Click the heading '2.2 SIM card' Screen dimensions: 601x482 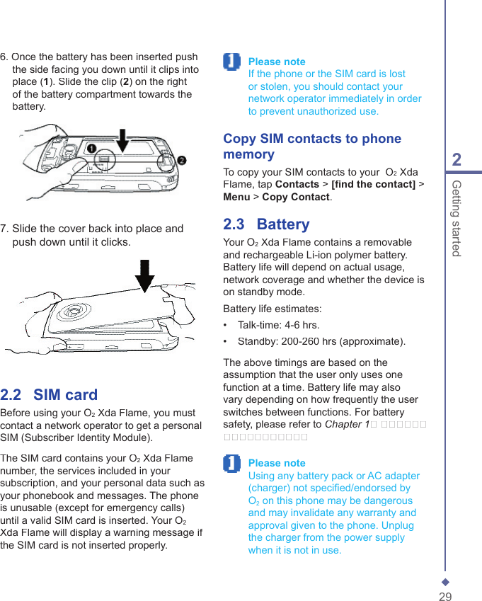[x=49, y=395]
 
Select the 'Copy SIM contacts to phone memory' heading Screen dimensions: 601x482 [x=312, y=147]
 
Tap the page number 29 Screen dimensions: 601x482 [x=445, y=597]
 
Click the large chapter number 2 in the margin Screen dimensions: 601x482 [x=457, y=159]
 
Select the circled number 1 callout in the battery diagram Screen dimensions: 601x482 [x=92, y=149]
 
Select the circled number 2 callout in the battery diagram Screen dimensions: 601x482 [x=182, y=160]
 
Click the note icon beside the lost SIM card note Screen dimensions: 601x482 [x=231, y=62]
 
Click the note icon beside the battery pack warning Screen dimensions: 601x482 [x=231, y=464]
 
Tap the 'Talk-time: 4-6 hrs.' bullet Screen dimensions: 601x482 [x=278, y=326]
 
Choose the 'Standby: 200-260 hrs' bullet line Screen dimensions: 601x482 [x=321, y=342]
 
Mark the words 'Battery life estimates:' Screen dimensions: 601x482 [x=272, y=309]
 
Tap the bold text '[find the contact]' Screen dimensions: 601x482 [x=373, y=185]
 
